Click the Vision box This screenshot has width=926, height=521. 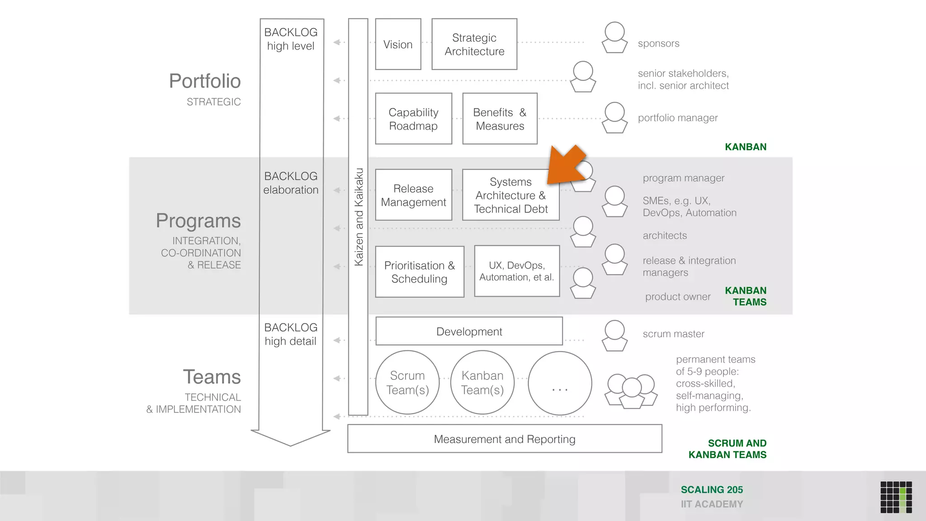pyautogui.click(x=398, y=44)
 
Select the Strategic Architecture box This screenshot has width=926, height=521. pyautogui.click(x=474, y=44)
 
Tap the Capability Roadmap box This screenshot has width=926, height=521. pyautogui.click(x=413, y=119)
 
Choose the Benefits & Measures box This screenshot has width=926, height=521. pyautogui.click(x=500, y=119)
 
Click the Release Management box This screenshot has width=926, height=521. pyautogui.click(x=413, y=195)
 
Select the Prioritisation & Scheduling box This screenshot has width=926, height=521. pyautogui.click(x=419, y=272)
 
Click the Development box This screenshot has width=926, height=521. pyautogui.click(x=469, y=332)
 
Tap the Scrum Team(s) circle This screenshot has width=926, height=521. pyautogui.click(x=407, y=383)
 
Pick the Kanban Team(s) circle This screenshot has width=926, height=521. pyautogui.click(x=482, y=383)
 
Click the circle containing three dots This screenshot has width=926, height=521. pyautogui.click(x=560, y=384)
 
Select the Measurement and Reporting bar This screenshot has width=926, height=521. pyautogui.click(x=504, y=439)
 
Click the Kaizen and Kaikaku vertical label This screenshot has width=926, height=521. pyautogui.click(x=359, y=217)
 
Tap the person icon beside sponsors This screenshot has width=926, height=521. pyautogui.click(x=614, y=38)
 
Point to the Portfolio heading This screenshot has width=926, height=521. pyautogui.click(x=205, y=81)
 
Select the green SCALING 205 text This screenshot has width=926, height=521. pyautogui.click(x=712, y=490)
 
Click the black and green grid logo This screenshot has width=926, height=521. pyautogui.click(x=896, y=497)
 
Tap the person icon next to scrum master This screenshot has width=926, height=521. pyautogui.click(x=614, y=336)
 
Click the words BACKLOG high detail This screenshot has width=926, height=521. pyautogui.click(x=291, y=334)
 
